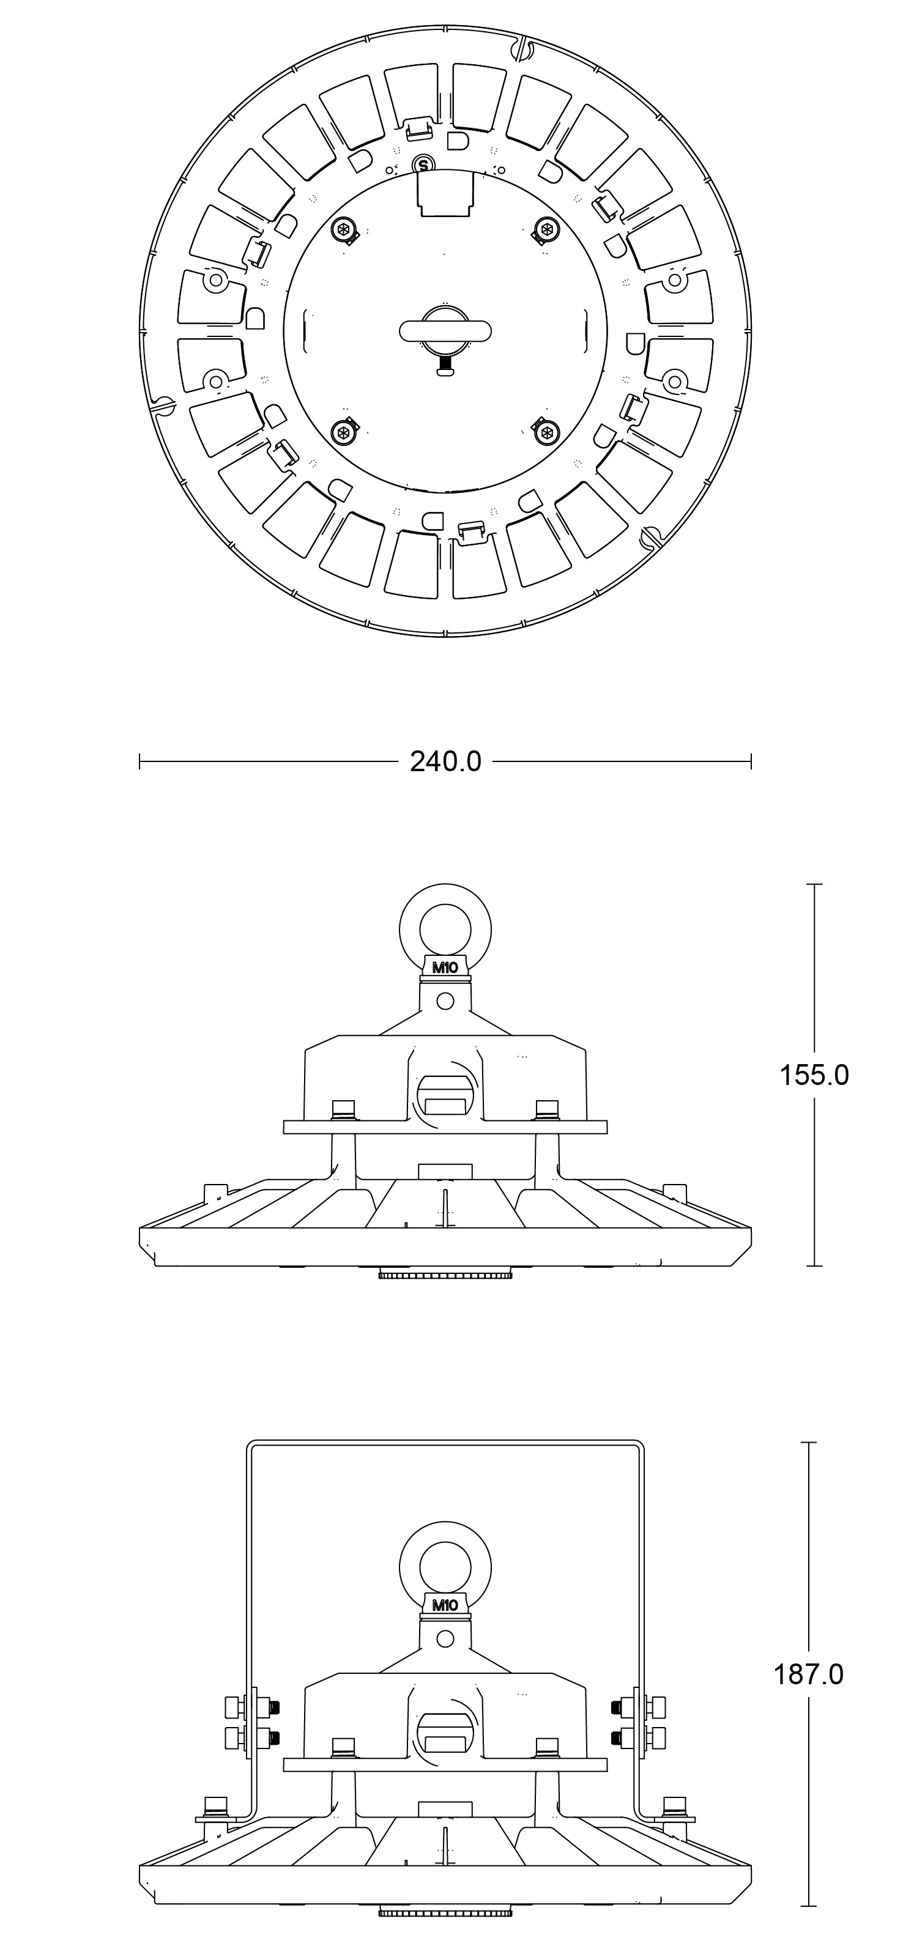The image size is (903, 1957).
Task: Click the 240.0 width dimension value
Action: [445, 761]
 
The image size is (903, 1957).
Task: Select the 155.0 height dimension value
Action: [814, 1075]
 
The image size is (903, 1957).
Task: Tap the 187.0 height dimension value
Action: [809, 1674]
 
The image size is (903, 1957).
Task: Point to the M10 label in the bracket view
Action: [445, 1605]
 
